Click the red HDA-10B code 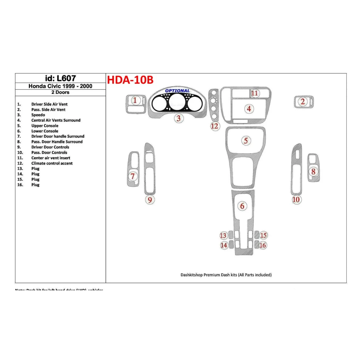click(130, 80)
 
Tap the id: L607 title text click(60, 78)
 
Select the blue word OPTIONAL click(177, 91)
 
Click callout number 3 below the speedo click(179, 118)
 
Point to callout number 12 click(215, 126)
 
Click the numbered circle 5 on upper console click(246, 141)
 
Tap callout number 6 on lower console click(242, 206)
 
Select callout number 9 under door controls click(150, 200)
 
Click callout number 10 click(296, 200)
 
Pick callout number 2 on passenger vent click(302, 101)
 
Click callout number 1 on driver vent click(135, 101)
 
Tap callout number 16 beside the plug click(263, 245)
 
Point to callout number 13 click(223, 236)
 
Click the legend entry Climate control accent click(52, 163)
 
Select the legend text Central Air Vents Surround click(56, 120)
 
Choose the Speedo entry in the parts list click(38, 115)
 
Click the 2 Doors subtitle click(60, 92)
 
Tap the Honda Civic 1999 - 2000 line click(60, 86)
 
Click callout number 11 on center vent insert click(255, 93)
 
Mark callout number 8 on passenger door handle click(313, 172)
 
